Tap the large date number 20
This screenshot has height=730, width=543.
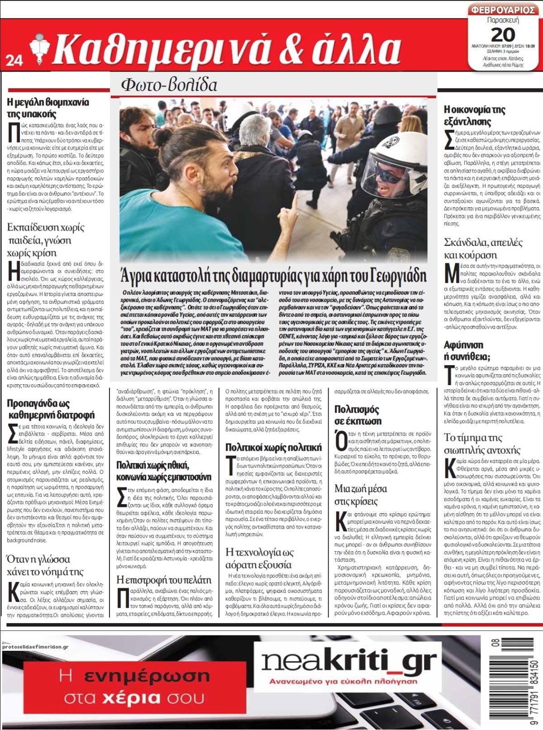tap(503, 34)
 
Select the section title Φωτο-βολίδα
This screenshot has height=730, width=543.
tap(169, 85)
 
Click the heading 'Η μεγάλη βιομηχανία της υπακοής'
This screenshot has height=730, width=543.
tap(48, 108)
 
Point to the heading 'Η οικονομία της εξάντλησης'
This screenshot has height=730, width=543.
tap(475, 115)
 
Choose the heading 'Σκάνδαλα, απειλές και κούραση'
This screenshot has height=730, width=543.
tap(483, 248)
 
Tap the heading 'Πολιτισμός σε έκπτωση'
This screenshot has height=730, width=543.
tap(358, 415)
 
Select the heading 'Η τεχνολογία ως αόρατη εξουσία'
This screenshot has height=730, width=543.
tap(260, 558)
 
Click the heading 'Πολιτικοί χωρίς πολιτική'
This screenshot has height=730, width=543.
tap(274, 448)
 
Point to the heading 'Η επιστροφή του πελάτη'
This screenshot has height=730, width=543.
tap(164, 579)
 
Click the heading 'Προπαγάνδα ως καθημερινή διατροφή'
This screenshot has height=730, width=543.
tap(51, 409)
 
